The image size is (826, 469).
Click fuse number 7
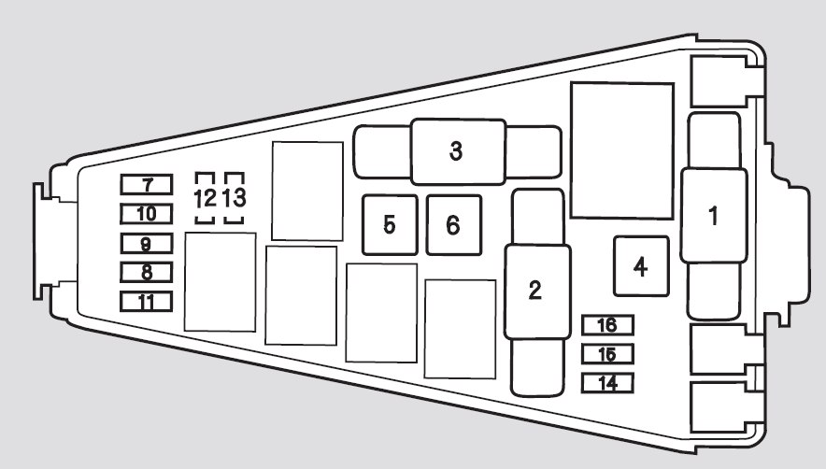pyautogui.click(x=147, y=185)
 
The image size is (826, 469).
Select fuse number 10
pyautogui.click(x=147, y=214)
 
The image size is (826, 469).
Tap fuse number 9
pyautogui.click(x=147, y=245)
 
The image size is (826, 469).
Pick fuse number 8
pyautogui.click(x=147, y=273)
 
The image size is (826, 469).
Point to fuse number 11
pyautogui.click(x=147, y=302)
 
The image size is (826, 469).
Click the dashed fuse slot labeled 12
pyautogui.click(x=205, y=198)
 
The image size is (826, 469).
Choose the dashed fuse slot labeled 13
pyautogui.click(x=235, y=198)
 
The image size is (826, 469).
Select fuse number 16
pyautogui.click(x=607, y=325)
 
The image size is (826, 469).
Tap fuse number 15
pyautogui.click(x=607, y=354)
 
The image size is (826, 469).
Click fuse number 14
pyautogui.click(x=607, y=383)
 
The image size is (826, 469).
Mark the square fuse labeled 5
pyautogui.click(x=389, y=224)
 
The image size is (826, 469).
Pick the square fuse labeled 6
pyautogui.click(x=454, y=224)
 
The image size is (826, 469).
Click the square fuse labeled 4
pyautogui.click(x=640, y=266)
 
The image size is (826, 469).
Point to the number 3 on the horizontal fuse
pyautogui.click(x=456, y=151)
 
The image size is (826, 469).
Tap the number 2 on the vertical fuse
pyautogui.click(x=534, y=291)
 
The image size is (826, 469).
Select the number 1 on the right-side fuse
pyautogui.click(x=714, y=216)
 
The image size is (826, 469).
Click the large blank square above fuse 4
pyautogui.click(x=622, y=150)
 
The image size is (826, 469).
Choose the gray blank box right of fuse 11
pyautogui.click(x=221, y=281)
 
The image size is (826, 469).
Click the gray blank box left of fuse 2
pyautogui.click(x=460, y=329)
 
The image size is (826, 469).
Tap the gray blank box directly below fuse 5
pyautogui.click(x=381, y=312)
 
